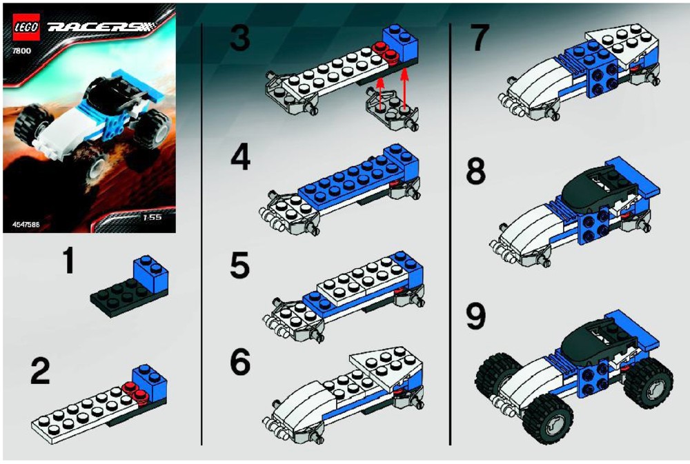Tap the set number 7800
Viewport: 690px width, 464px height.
(22, 50)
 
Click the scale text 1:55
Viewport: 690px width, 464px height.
(152, 217)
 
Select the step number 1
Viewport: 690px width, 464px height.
(68, 261)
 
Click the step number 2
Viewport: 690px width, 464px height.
(41, 372)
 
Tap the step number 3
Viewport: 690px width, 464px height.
(240, 39)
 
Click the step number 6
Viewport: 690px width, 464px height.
(240, 363)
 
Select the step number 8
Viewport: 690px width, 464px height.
(476, 172)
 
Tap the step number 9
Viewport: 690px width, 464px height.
(475, 316)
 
